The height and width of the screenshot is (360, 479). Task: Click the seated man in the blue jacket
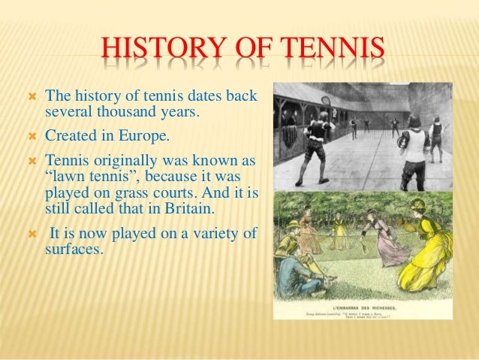(x=296, y=267)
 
